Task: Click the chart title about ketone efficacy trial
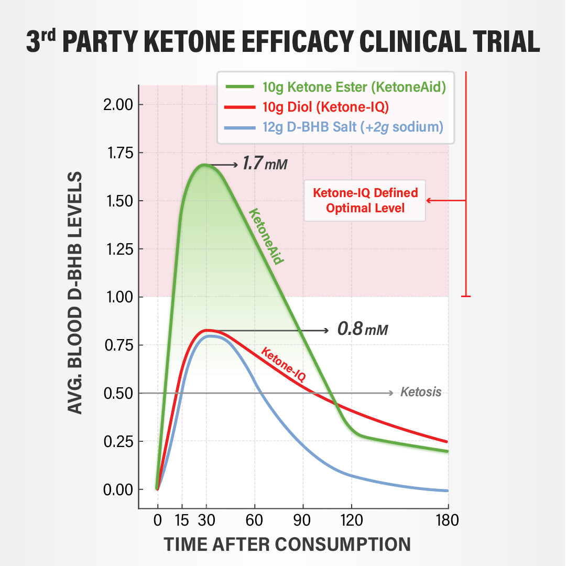click(x=283, y=41)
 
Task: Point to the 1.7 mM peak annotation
click(x=265, y=165)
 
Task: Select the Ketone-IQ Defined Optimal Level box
click(x=365, y=200)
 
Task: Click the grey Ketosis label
click(x=421, y=392)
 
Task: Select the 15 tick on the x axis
click(x=182, y=520)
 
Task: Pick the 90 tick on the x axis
click(x=303, y=520)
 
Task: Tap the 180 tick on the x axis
click(x=447, y=520)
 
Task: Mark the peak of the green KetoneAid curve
click(x=204, y=165)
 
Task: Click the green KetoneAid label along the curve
click(x=266, y=236)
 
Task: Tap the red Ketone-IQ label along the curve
click(x=283, y=364)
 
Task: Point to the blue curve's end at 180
click(x=447, y=491)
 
